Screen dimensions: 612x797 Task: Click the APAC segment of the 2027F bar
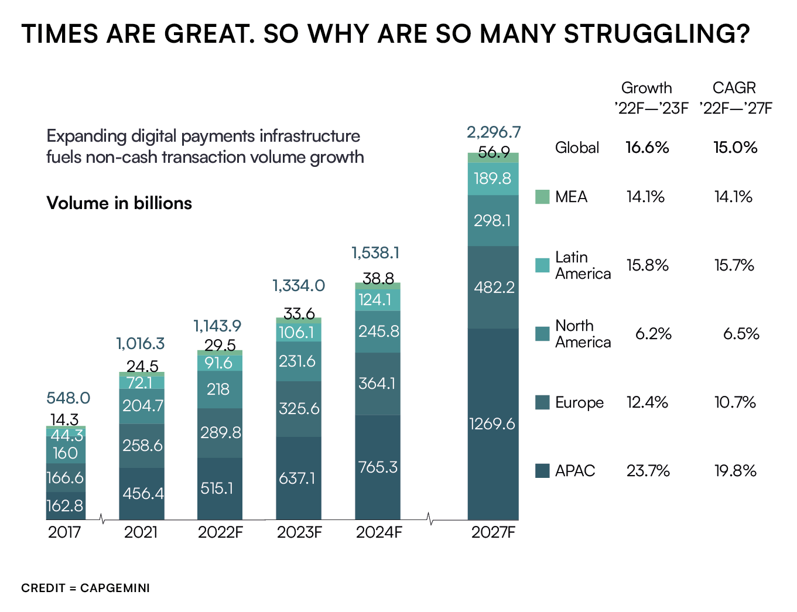(x=493, y=424)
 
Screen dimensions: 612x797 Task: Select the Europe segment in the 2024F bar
(x=378, y=384)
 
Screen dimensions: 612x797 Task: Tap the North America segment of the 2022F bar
(x=220, y=389)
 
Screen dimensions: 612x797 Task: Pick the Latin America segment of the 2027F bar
(x=493, y=179)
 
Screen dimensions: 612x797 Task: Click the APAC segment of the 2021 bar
(x=142, y=493)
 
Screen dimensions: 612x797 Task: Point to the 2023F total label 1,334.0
(x=299, y=286)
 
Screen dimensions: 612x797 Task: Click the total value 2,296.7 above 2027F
(x=494, y=132)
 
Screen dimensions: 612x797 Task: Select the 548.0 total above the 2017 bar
(x=68, y=398)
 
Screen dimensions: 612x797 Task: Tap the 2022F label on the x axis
(x=220, y=532)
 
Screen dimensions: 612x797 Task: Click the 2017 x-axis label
(x=64, y=532)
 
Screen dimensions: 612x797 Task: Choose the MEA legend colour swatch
(x=542, y=197)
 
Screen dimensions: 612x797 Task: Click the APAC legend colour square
(x=542, y=471)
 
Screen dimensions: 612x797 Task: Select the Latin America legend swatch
(x=542, y=265)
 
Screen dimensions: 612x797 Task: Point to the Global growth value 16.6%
(x=647, y=148)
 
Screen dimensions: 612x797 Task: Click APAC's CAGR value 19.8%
(x=736, y=471)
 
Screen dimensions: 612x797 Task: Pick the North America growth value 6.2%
(x=654, y=334)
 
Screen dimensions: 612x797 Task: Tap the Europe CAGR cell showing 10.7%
(x=736, y=402)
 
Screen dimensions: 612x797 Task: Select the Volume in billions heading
(x=119, y=203)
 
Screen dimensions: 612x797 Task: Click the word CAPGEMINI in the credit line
(x=115, y=588)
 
